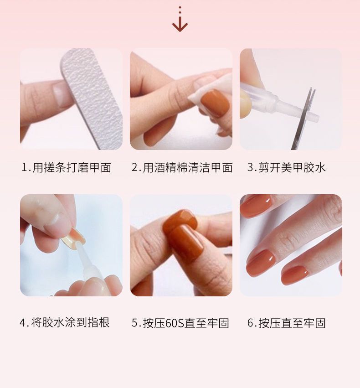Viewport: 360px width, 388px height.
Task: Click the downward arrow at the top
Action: click(180, 24)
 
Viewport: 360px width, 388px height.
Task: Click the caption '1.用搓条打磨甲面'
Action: click(66, 167)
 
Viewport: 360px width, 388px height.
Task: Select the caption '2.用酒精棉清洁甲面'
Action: click(182, 167)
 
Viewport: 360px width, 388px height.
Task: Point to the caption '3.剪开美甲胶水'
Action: click(287, 167)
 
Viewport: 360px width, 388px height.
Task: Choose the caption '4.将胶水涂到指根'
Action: click(65, 323)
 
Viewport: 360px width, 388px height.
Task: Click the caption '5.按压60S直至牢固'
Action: click(180, 323)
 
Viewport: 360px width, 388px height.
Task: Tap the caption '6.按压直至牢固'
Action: click(287, 323)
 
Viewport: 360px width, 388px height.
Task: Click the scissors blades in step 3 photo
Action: click(303, 119)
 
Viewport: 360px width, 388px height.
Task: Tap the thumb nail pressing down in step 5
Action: click(180, 220)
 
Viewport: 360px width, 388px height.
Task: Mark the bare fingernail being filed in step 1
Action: click(61, 94)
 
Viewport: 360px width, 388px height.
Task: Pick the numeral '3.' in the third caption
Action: click(252, 167)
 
